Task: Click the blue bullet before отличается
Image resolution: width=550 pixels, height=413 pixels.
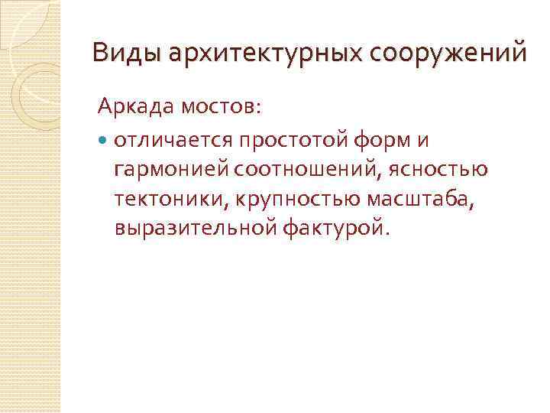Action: pos(104,141)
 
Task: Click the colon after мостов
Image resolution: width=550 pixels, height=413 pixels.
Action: pos(257,109)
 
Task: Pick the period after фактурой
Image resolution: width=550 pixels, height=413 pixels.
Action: pos(386,233)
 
